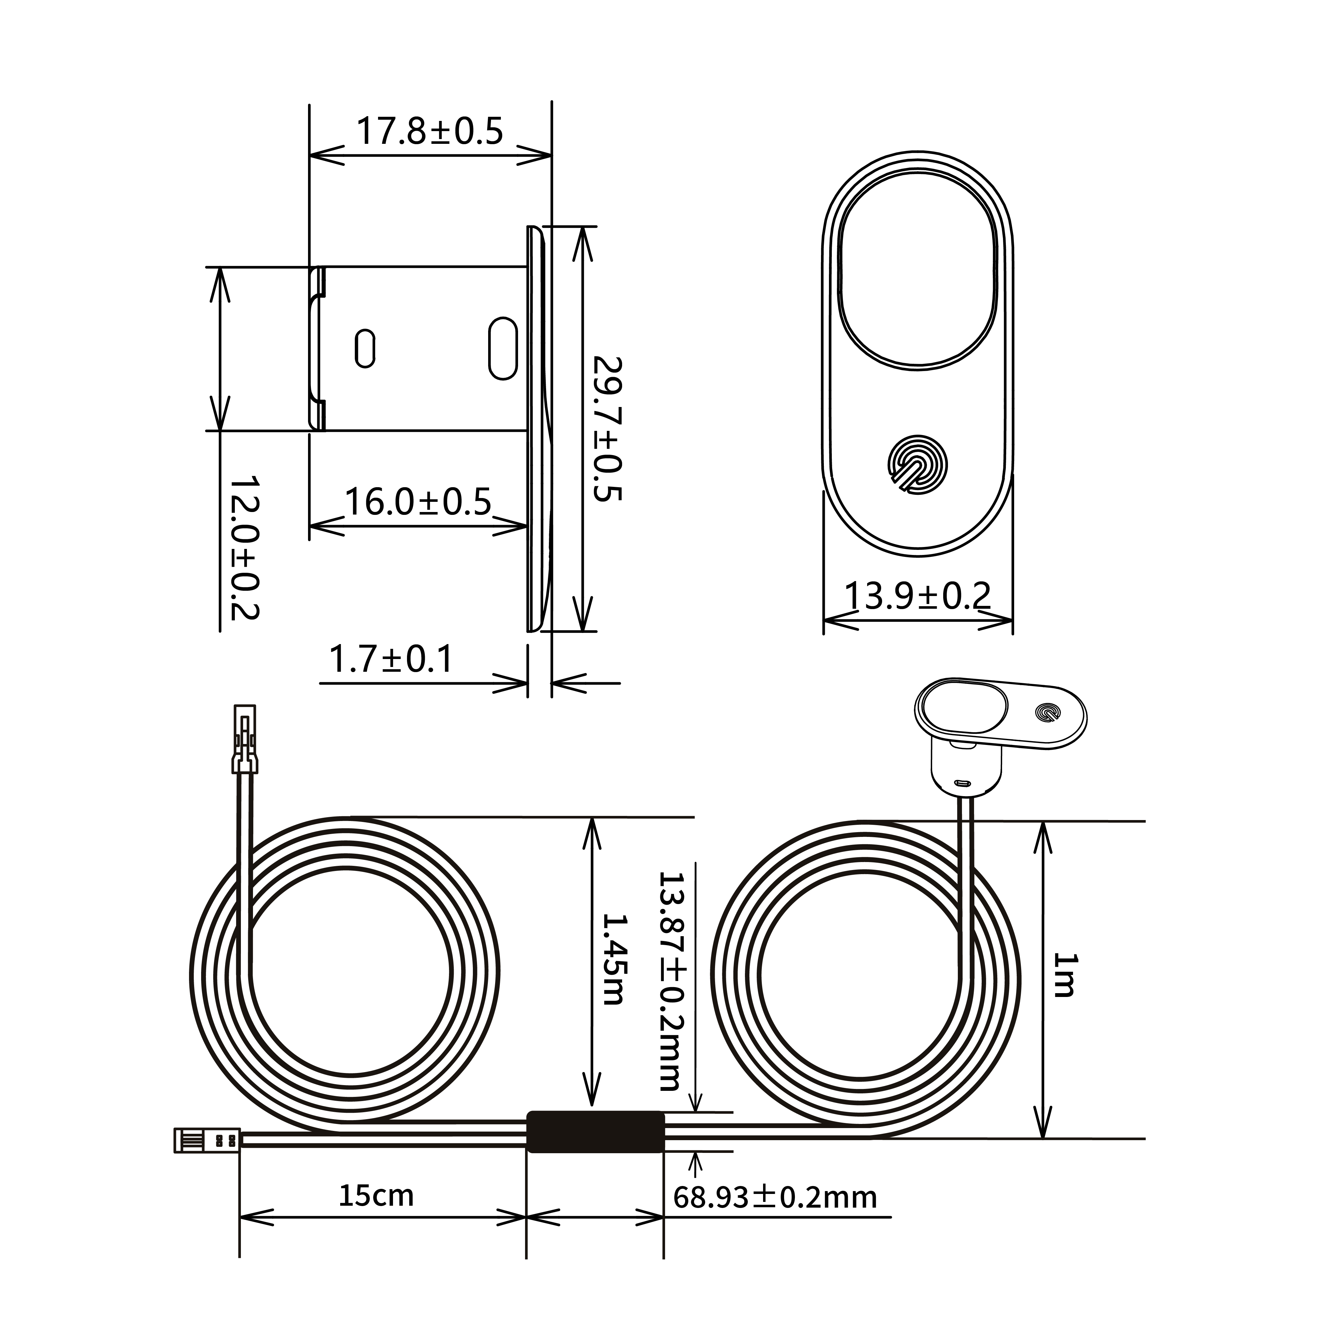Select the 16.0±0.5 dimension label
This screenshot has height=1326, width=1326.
(418, 502)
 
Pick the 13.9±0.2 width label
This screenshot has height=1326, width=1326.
(918, 596)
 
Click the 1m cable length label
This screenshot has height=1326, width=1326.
(1066, 975)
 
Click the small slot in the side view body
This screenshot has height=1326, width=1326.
(365, 349)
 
